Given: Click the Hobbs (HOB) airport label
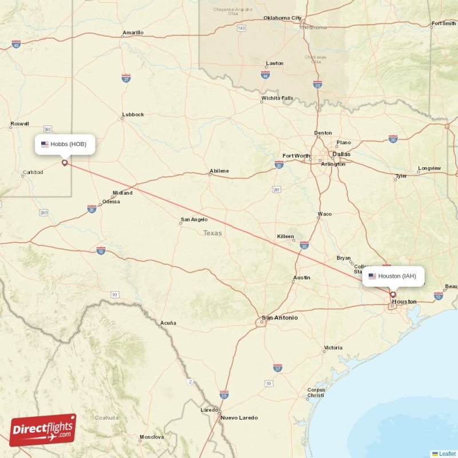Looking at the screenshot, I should click(64, 144).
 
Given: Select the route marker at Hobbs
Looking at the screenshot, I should click(64, 163).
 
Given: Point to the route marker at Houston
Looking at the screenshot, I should click(393, 295).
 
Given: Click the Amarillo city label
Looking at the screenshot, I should click(133, 33).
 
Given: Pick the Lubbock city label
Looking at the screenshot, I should click(133, 114).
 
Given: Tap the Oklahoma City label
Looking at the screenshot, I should click(282, 18).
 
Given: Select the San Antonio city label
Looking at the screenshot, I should click(279, 318).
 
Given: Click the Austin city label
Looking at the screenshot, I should click(302, 278).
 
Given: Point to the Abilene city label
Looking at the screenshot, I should click(219, 171).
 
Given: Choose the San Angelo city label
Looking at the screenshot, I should click(194, 219).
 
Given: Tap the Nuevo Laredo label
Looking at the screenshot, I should click(239, 417).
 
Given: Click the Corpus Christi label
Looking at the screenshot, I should click(315, 393).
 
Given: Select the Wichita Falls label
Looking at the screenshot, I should click(278, 98).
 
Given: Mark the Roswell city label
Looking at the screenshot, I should click(19, 124).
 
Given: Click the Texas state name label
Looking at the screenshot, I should click(212, 233).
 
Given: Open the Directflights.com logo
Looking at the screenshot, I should click(42, 430).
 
